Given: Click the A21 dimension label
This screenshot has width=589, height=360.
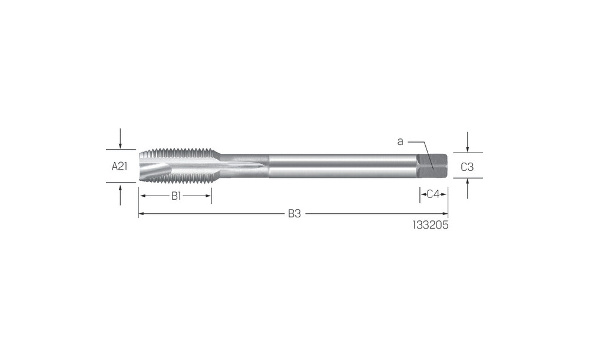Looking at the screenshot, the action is click(120, 166).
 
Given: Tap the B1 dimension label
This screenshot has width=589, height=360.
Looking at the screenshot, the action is click(176, 196).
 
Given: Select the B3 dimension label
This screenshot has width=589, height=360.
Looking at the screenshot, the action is click(294, 214).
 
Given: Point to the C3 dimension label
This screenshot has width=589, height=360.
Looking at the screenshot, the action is click(467, 167).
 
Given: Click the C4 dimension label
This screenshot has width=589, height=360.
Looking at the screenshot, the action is click(433, 194).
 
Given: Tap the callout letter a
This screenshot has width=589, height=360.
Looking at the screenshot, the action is click(400, 141).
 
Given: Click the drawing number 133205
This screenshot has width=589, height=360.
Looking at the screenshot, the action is click(431, 225).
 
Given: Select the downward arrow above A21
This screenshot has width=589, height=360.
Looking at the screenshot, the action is click(120, 138).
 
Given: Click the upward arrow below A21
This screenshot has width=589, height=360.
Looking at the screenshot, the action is click(120, 194).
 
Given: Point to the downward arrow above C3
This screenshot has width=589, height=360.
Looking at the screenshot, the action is click(467, 142).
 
